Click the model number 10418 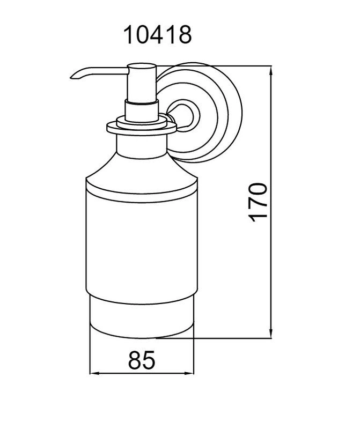[157, 35]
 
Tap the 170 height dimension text [258, 202]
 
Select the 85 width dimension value [142, 360]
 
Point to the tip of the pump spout [71, 78]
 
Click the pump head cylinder [141, 83]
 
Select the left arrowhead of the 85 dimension [94, 373]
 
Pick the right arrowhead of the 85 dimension [189, 373]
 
